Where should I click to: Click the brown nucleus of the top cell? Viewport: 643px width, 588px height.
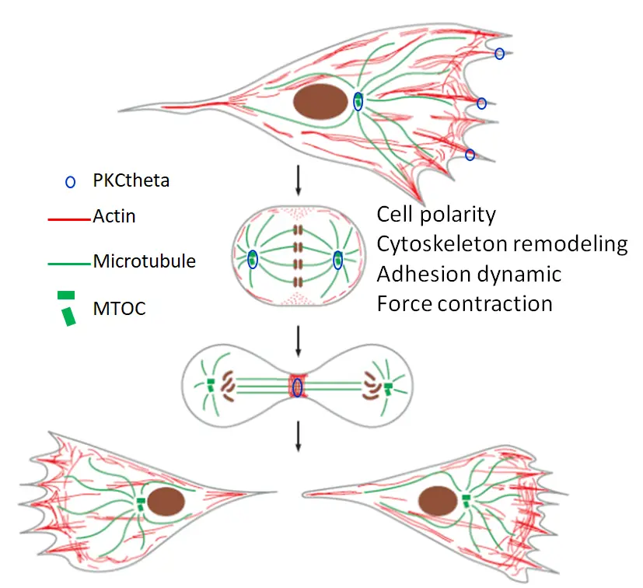click(x=321, y=102)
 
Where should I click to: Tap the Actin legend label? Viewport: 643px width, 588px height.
click(x=114, y=215)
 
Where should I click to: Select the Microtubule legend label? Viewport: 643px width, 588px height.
click(x=144, y=261)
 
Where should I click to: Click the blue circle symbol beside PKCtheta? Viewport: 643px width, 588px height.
click(x=70, y=182)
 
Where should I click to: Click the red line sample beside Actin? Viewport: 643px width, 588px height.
click(x=69, y=219)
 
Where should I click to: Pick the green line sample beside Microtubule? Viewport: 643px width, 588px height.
click(x=69, y=264)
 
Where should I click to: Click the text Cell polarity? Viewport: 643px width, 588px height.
click(x=436, y=214)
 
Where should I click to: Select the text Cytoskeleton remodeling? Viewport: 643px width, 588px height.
click(x=501, y=243)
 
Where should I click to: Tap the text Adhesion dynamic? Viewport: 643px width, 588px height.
click(x=469, y=273)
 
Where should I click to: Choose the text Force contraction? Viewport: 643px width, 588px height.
click(x=464, y=303)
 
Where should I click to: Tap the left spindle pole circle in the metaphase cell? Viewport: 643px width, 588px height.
click(x=253, y=261)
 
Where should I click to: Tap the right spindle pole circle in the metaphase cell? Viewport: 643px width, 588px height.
click(x=337, y=261)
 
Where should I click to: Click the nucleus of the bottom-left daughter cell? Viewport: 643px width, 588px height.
click(x=166, y=502)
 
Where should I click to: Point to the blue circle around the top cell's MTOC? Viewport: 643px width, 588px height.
click(x=358, y=101)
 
